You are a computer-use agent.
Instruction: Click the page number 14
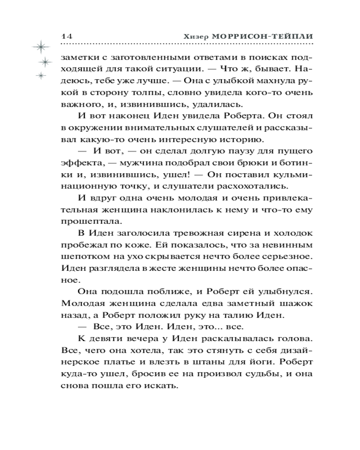pyautogui.click(x=66, y=36)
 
